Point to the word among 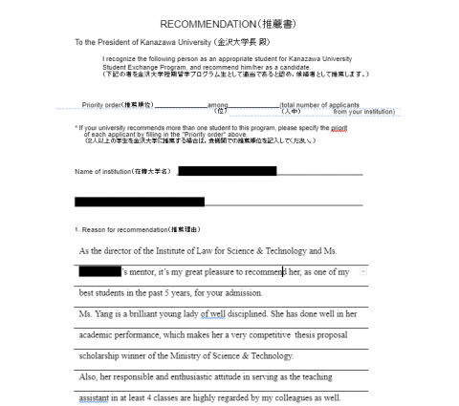[218, 105]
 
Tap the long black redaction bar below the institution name [139, 202]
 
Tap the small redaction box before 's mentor [99, 272]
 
